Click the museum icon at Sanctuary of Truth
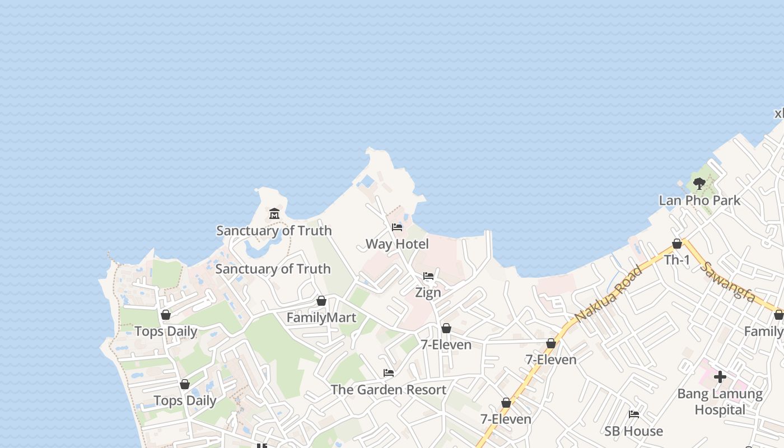point(274,213)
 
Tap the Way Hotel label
point(397,244)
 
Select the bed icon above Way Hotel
point(397,227)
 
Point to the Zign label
point(428,292)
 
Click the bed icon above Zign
point(428,276)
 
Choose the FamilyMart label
point(321,318)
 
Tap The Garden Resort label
point(389,389)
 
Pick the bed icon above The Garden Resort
point(389,373)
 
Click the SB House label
point(633,431)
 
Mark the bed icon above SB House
point(634,414)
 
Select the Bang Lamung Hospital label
point(720,402)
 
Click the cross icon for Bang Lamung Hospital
point(720,377)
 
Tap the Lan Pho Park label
point(699,200)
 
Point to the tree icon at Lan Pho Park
point(699,183)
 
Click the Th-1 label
point(677,260)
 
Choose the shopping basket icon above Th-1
point(677,244)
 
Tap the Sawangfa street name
point(727,282)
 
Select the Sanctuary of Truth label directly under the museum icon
point(274,230)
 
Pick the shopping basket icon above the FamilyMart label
point(321,301)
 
